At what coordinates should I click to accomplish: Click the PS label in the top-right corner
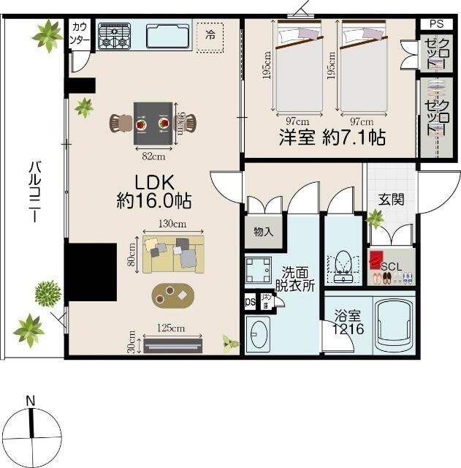tap(436, 24)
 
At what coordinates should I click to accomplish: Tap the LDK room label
tap(153, 190)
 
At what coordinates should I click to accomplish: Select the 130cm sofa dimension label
tap(173, 224)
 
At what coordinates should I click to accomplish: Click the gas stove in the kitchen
tap(114, 36)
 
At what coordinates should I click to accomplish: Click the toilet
tap(343, 267)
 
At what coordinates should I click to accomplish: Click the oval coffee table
tap(174, 295)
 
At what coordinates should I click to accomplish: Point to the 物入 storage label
tap(263, 233)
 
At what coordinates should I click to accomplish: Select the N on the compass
tap(31, 400)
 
